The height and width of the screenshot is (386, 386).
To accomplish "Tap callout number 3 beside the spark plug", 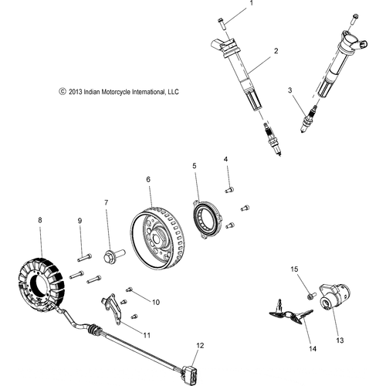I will pyautogui.click(x=290, y=91).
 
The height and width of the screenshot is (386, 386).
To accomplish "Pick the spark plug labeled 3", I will pyautogui.click(x=309, y=121).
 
